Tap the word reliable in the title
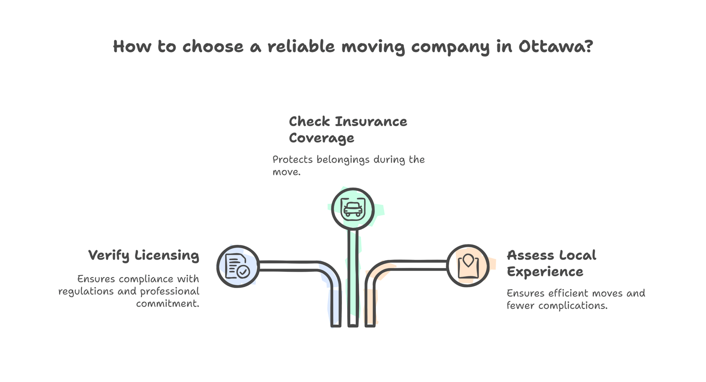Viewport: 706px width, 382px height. [301, 46]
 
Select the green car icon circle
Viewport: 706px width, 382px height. [353, 209]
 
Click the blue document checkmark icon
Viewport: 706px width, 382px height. [238, 266]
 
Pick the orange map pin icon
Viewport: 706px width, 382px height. [468, 266]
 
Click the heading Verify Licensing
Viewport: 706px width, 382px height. [143, 255]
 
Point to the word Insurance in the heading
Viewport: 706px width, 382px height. [371, 121]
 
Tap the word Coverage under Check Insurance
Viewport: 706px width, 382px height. [321, 138]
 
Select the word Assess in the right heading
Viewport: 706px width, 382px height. [530, 255]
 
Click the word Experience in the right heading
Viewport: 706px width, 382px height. [545, 272]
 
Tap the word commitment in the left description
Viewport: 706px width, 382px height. [167, 303]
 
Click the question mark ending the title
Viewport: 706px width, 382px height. [588, 46]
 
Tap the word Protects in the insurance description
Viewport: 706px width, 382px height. [293, 159]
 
